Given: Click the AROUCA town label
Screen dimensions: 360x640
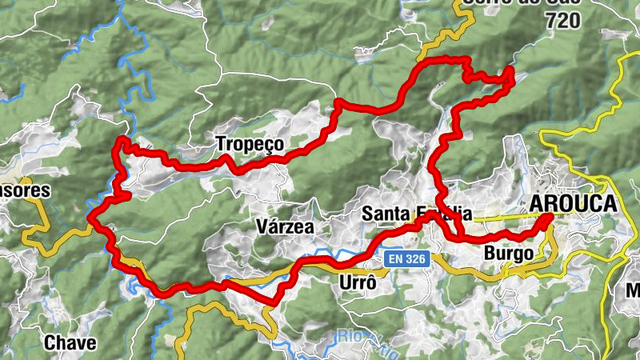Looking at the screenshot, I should [x=573, y=204].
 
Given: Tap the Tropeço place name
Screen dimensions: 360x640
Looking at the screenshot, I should [x=250, y=144].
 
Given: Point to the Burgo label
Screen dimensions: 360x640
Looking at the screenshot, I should [x=509, y=254].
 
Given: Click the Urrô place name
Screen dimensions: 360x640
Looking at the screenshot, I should [x=358, y=284].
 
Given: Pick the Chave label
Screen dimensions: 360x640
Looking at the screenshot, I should [x=70, y=343].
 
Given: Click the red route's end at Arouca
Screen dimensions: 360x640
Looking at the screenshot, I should [x=549, y=217].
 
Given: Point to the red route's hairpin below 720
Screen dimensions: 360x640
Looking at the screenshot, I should [x=509, y=74].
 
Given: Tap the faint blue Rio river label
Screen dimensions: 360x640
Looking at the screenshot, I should [x=350, y=335].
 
